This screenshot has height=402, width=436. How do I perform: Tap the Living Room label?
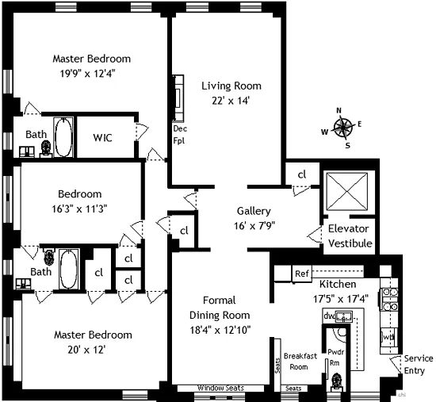coord(231,86)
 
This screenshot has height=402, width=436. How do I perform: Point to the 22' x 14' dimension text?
coord(231,101)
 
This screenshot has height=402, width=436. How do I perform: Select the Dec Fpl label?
coord(179,134)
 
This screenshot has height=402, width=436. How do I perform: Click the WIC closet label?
coord(102,138)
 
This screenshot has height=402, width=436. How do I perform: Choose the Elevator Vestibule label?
coord(350,235)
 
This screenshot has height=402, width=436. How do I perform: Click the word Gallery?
coord(254,212)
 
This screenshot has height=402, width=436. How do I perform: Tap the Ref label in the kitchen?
coord(301,274)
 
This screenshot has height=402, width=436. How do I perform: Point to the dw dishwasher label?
coord(328,316)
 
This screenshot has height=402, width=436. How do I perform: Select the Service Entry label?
coord(419,364)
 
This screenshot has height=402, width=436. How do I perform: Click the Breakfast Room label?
coord(300,361)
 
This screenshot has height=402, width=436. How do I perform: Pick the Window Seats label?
coord(220,389)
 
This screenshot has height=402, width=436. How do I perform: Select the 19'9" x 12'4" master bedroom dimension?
coord(91,74)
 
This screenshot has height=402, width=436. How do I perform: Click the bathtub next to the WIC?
coord(63,136)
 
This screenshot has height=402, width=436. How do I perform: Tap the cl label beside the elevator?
coord(302,175)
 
